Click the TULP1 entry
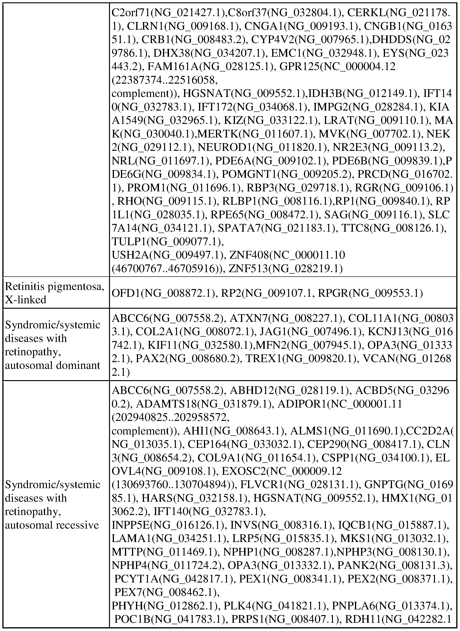(x=129, y=241)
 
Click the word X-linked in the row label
(x=26, y=300)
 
